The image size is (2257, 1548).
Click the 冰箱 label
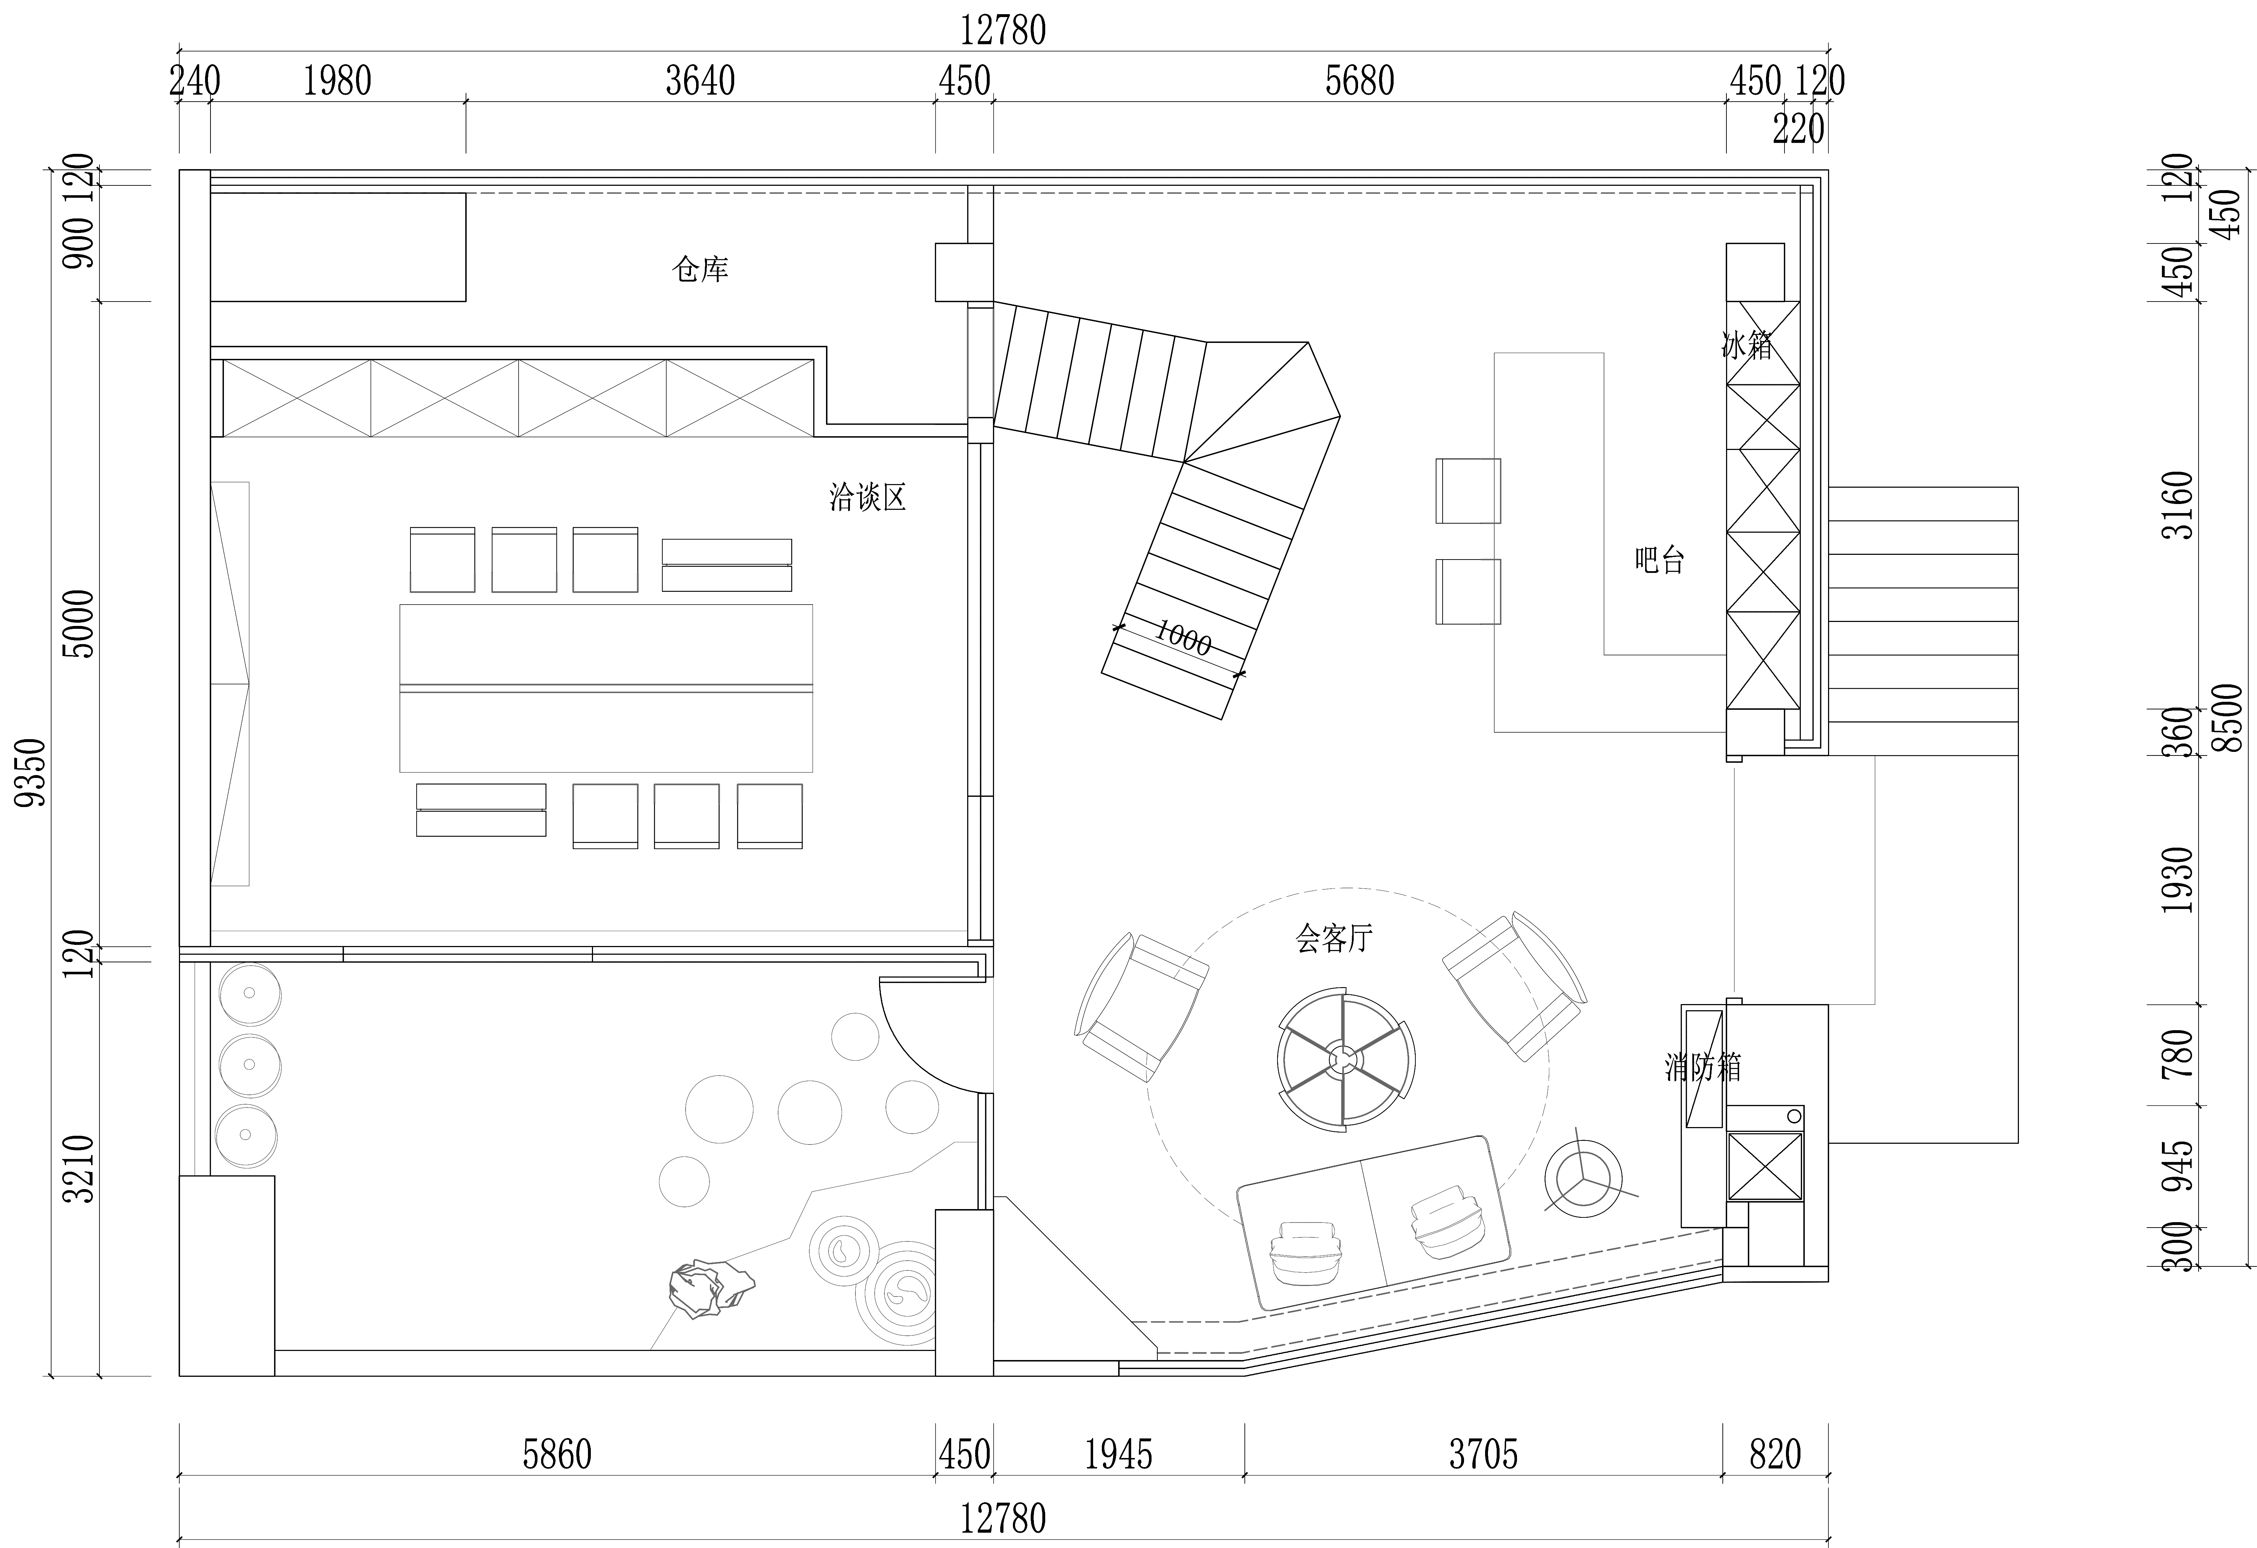pyautogui.click(x=1747, y=345)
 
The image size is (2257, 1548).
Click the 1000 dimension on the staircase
pyautogui.click(x=1183, y=638)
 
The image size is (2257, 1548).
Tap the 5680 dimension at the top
pyautogui.click(x=1359, y=81)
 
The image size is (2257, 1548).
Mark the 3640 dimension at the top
pyautogui.click(x=700, y=81)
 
